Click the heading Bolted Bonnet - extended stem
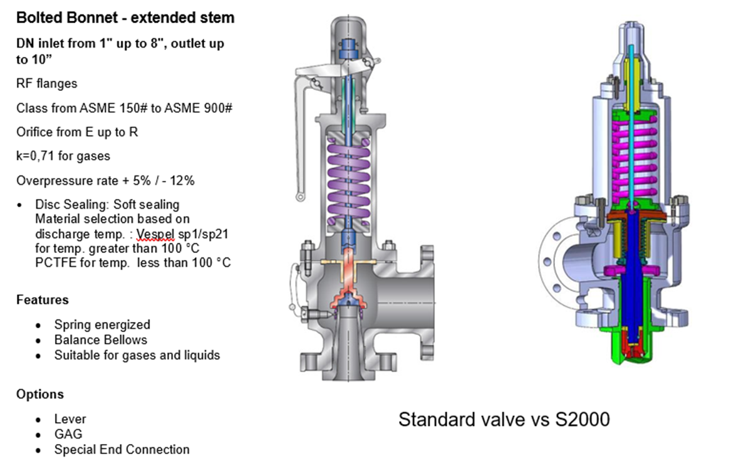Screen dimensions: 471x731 coord(125,18)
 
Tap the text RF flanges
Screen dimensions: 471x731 coord(47,83)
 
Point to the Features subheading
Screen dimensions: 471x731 coord(43,299)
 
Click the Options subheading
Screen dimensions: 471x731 coord(40,394)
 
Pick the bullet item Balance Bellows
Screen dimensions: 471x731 coord(101,339)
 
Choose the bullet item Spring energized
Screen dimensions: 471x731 coord(102,324)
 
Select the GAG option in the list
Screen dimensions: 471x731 coord(68,434)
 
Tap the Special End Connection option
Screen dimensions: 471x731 coord(122,449)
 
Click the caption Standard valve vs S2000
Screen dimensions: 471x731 coord(504,419)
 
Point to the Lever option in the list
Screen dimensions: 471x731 coord(70,418)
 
